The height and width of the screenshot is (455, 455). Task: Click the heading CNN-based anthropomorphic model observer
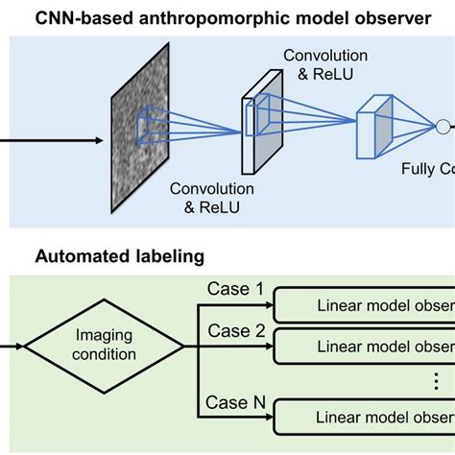click(x=227, y=16)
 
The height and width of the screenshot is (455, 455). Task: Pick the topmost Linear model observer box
click(x=366, y=306)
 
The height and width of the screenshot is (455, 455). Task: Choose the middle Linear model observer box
click(x=366, y=346)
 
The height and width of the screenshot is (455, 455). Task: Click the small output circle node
click(x=443, y=125)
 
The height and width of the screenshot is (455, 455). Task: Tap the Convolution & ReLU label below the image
click(x=211, y=198)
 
